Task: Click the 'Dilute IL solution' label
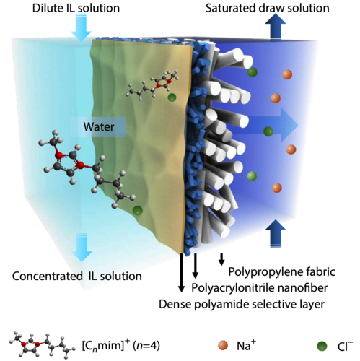pos(76,8)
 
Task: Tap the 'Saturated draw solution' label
pos(268,8)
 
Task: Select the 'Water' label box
pos(99,126)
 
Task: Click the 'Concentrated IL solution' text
pos(77,276)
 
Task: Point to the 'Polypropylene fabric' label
pos(281,272)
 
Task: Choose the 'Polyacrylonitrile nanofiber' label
pos(260,288)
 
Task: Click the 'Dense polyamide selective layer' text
pos(242,304)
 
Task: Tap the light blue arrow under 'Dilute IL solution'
pos(82,27)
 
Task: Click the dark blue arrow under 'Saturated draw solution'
pos(276,26)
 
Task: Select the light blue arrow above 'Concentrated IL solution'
pos(82,247)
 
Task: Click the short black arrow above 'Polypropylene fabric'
pos(221,259)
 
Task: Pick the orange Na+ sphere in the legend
pos(223,345)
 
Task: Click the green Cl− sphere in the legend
pos(322,346)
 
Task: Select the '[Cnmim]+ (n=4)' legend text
pos(120,346)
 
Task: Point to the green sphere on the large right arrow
pos(268,131)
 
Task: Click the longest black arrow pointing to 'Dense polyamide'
pos(182,272)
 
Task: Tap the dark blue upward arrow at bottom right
pos(276,233)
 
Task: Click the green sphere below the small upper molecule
pos(172,97)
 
